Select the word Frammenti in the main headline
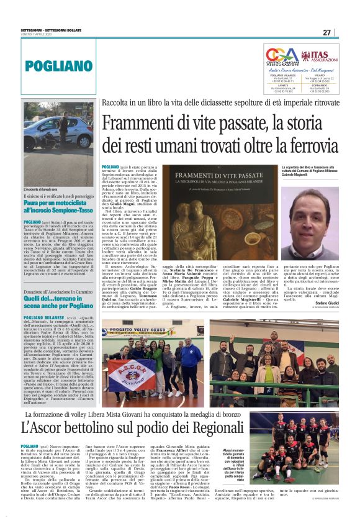(140, 123)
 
